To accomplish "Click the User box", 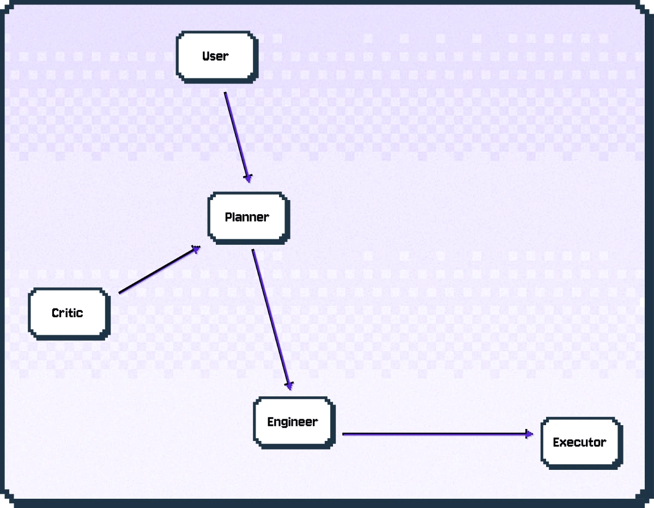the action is (x=217, y=57).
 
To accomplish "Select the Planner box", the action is (x=249, y=218).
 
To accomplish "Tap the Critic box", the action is (x=69, y=314).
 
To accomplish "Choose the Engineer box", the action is (x=294, y=423).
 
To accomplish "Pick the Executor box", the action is (x=582, y=443).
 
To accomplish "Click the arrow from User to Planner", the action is (x=238, y=137).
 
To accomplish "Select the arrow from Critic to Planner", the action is (x=160, y=269).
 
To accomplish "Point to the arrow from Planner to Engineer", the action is (x=271, y=319).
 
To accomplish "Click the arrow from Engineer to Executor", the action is (x=438, y=434).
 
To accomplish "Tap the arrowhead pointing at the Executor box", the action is (x=529, y=434).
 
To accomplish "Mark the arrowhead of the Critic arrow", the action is (x=196, y=249).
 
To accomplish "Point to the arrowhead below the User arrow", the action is (x=248, y=178).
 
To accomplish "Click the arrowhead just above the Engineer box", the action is (x=289, y=386).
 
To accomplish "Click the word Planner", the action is (x=247, y=217).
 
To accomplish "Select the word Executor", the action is (x=580, y=443).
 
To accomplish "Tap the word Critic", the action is (x=68, y=313).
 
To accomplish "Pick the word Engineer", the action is (x=293, y=422).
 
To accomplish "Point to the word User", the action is (x=215, y=56).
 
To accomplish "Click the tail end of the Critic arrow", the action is (x=119, y=293).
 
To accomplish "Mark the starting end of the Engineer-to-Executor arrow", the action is (x=343, y=434).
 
